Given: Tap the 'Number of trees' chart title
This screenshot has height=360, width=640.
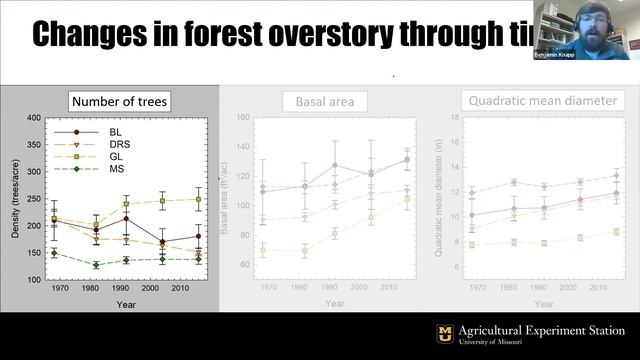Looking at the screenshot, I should coord(119,100).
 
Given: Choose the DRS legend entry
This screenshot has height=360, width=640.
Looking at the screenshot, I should coord(107,144).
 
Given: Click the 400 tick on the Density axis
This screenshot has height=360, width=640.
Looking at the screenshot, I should coord(33,118).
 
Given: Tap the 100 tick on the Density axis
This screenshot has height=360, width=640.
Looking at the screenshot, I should coord(33,279).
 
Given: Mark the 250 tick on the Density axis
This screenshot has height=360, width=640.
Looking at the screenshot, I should coord(33,198).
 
